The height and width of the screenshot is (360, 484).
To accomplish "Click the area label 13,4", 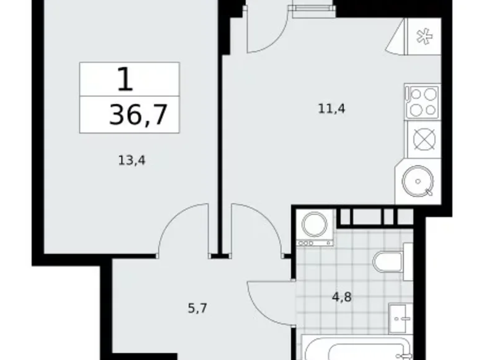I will [x=132, y=160].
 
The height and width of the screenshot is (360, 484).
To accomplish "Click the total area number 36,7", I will [x=138, y=115].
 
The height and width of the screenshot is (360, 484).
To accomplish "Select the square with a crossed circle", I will [x=421, y=139].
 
